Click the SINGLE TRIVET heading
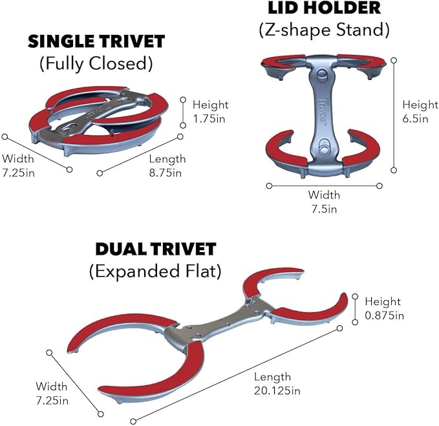[x=96, y=41]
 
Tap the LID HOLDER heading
[x=324, y=8]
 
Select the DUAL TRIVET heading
[x=156, y=249]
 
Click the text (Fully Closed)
[x=96, y=63]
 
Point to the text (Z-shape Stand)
[x=324, y=30]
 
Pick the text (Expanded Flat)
[x=155, y=272]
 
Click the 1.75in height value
[x=209, y=119]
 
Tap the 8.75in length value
[x=165, y=173]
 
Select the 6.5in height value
[x=416, y=118]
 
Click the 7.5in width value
[x=324, y=209]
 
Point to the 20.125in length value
[x=277, y=390]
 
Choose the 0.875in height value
[x=385, y=315]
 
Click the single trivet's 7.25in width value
[x=19, y=173]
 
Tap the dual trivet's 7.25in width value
[x=52, y=401]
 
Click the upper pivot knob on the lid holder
[x=322, y=75]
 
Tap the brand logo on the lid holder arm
[x=323, y=110]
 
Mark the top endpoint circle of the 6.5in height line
[x=394, y=60]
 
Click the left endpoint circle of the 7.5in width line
[x=269, y=186]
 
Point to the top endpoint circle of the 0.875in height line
[x=355, y=297]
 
